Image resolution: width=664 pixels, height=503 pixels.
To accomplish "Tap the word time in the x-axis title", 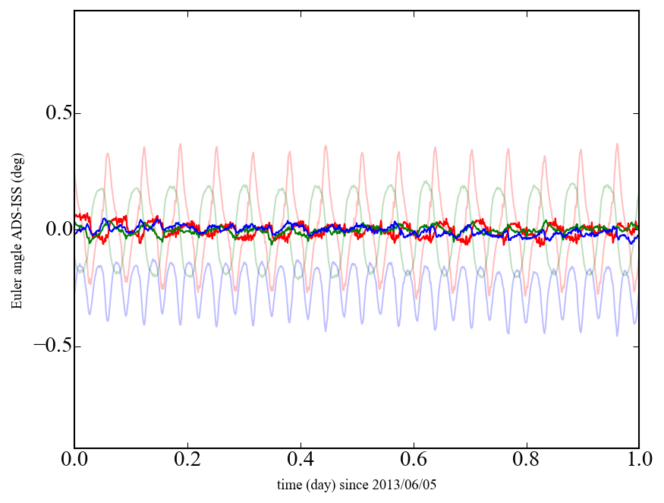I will pyautogui.click(x=289, y=484).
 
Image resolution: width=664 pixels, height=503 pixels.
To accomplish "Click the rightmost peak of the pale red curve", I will pyautogui.click(x=617, y=144).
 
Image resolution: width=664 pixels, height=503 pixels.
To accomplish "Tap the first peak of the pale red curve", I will pyautogui.click(x=108, y=153).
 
